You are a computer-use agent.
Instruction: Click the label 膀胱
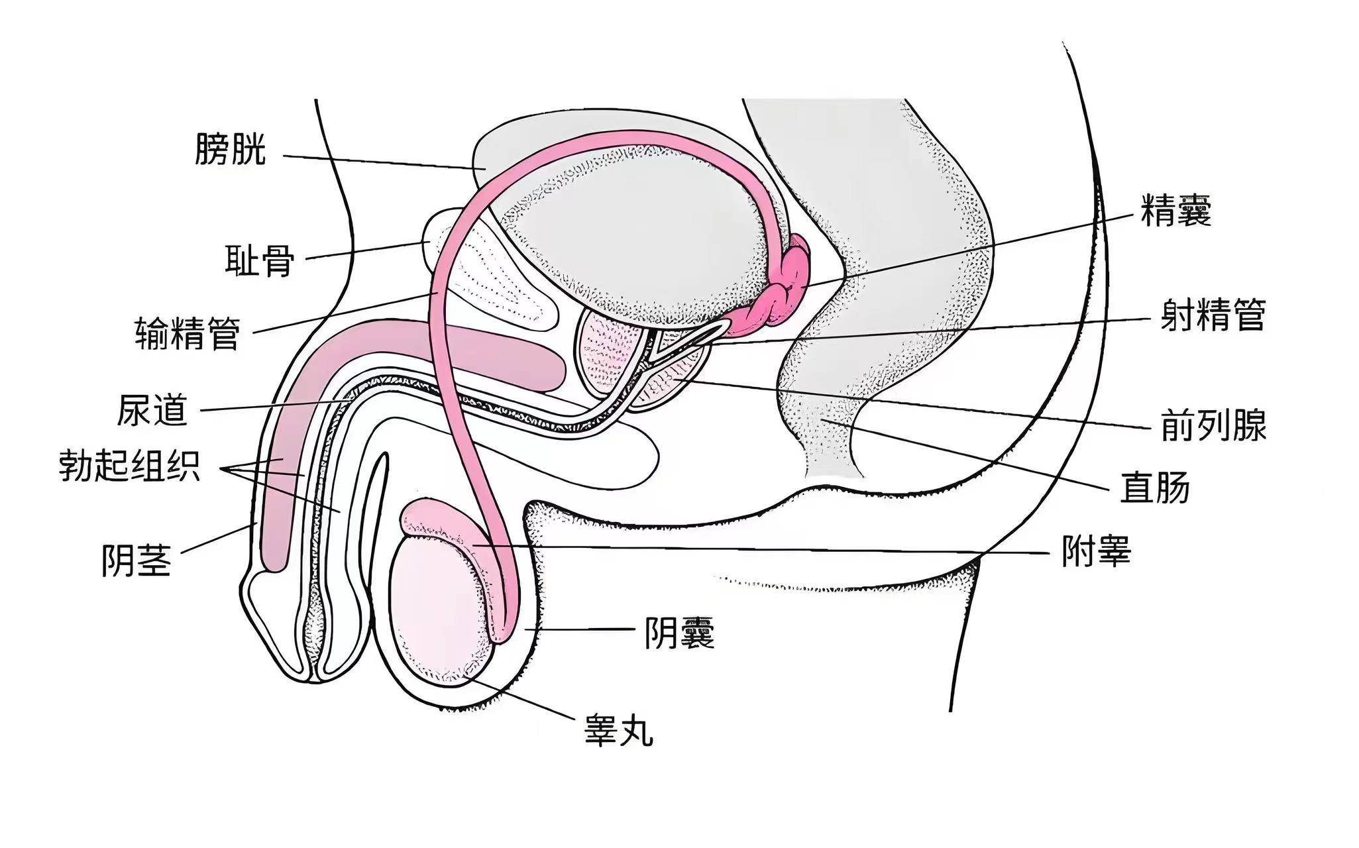tap(230, 149)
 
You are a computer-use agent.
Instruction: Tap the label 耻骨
tap(260, 260)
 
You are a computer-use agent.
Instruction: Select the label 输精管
tap(187, 333)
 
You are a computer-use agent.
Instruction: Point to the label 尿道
tap(152, 410)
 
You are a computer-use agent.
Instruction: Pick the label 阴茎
tap(136, 560)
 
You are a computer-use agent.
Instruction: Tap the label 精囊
tap(1175, 210)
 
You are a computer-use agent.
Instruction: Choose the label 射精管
tap(1213, 315)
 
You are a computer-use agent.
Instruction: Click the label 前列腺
tap(1213, 425)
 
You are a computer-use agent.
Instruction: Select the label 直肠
tap(1154, 487)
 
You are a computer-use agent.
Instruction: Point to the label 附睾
tap(1096, 551)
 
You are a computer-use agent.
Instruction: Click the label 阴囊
tap(680, 633)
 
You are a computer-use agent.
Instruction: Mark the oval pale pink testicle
tap(437, 609)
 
